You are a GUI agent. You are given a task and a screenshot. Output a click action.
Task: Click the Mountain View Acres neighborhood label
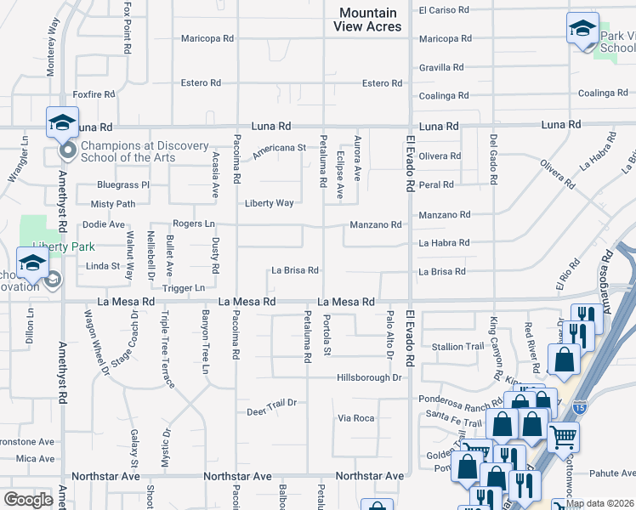(368, 20)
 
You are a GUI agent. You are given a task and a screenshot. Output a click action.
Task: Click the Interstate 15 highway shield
(580, 407)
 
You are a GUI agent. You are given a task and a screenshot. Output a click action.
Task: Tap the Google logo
(28, 499)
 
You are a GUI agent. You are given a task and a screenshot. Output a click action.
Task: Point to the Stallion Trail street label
(458, 347)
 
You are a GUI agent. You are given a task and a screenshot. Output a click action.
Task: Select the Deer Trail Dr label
(271, 402)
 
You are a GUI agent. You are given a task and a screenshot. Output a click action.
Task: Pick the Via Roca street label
(356, 418)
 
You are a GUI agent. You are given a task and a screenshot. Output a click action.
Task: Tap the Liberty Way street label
(270, 203)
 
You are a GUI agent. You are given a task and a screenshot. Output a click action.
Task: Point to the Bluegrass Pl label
(123, 184)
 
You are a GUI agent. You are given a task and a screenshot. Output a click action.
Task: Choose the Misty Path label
(113, 204)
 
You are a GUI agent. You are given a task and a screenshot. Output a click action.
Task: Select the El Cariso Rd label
(444, 10)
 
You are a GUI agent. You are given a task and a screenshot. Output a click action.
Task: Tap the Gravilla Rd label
(441, 67)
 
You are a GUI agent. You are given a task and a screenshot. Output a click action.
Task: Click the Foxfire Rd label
(94, 94)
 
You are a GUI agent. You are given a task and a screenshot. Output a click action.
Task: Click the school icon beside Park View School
(582, 28)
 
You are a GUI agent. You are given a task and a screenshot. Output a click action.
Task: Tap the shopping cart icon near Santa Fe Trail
(563, 438)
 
